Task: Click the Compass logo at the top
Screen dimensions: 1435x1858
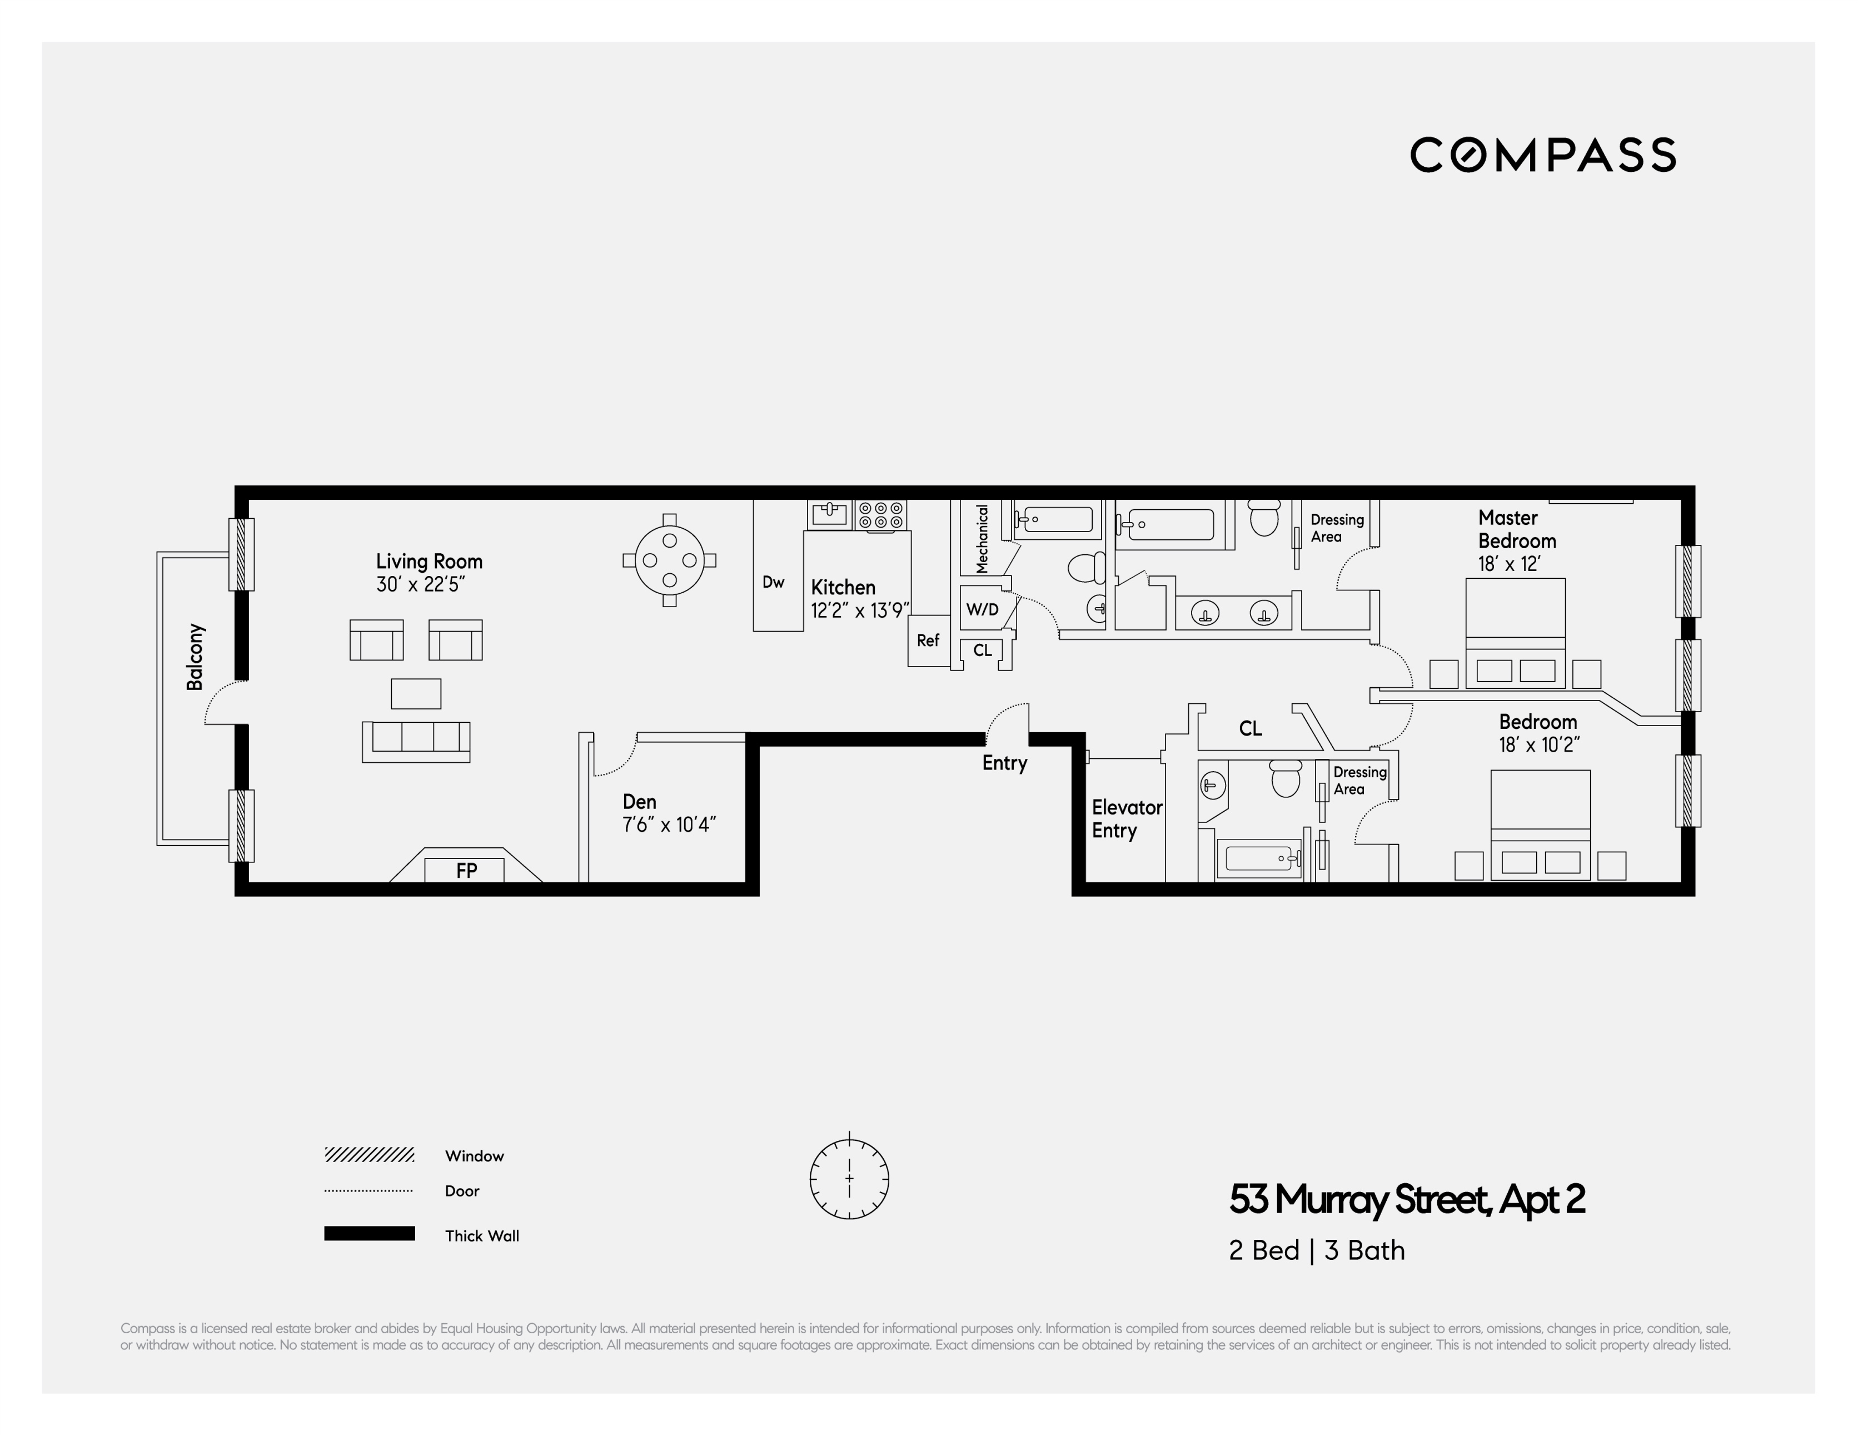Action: (x=1542, y=155)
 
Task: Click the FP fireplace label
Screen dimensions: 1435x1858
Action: (x=466, y=870)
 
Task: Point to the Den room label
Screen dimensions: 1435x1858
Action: (x=639, y=802)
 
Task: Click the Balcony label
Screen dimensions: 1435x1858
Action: (x=196, y=657)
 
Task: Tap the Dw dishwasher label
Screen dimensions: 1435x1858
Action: (x=773, y=582)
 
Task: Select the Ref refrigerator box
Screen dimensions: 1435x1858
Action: (x=928, y=640)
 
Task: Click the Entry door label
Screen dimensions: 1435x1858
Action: (x=1005, y=763)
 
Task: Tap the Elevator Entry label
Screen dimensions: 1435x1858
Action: (x=1127, y=819)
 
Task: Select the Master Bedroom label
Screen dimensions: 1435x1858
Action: (x=1516, y=529)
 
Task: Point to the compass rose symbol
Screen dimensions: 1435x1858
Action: (x=849, y=1179)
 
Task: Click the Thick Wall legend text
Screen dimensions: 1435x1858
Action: (x=481, y=1236)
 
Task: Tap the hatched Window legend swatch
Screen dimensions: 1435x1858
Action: (x=369, y=1155)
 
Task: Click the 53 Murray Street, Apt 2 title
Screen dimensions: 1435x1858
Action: (x=1406, y=1200)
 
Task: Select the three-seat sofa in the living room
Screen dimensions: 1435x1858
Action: (x=416, y=741)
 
